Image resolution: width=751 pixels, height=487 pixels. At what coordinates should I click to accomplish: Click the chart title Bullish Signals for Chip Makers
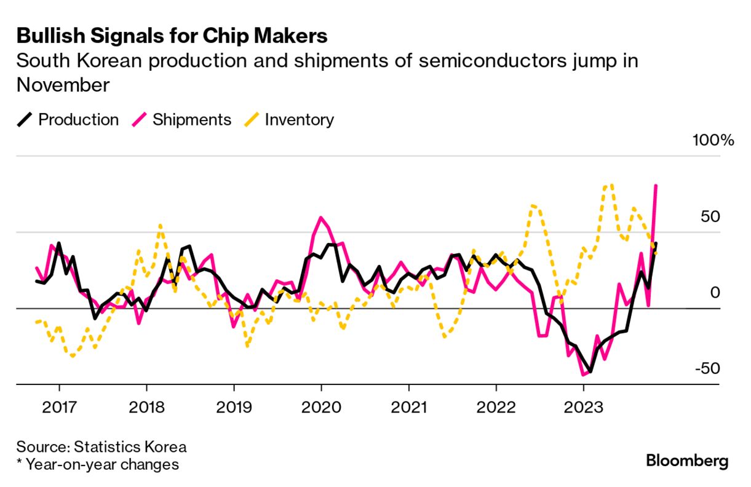tap(172, 36)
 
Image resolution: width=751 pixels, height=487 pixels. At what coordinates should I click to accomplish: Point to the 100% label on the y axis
tap(713, 140)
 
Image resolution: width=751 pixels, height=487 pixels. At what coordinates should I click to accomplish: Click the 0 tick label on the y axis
tap(715, 293)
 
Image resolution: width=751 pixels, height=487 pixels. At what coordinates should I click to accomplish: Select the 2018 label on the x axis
tap(146, 407)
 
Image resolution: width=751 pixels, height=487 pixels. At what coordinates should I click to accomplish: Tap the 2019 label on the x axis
tap(234, 407)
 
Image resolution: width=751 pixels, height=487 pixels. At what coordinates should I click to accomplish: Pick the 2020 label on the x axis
tap(321, 407)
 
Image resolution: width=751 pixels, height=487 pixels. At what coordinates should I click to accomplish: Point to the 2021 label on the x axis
tap(408, 407)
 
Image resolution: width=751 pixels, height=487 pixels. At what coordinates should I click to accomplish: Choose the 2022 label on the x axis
tap(496, 407)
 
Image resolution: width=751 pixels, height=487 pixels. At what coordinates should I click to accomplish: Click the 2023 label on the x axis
tap(583, 407)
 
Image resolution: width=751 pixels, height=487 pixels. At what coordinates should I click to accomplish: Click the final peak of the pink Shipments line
tap(656, 185)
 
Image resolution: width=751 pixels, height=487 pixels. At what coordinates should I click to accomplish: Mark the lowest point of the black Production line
tap(590, 371)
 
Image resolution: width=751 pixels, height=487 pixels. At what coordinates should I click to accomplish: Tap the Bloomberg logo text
tap(687, 461)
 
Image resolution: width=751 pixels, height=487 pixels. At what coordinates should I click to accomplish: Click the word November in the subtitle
tap(63, 85)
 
